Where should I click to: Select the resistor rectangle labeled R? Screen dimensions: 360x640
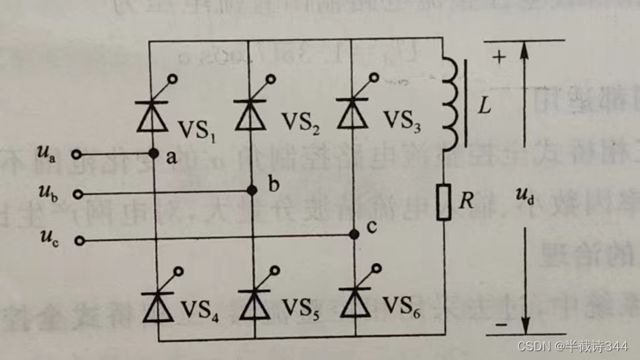(443, 202)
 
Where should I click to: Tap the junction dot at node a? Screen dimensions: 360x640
(153, 154)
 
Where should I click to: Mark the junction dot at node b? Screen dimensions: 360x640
(253, 190)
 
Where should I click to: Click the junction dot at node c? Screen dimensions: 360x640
(354, 234)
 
